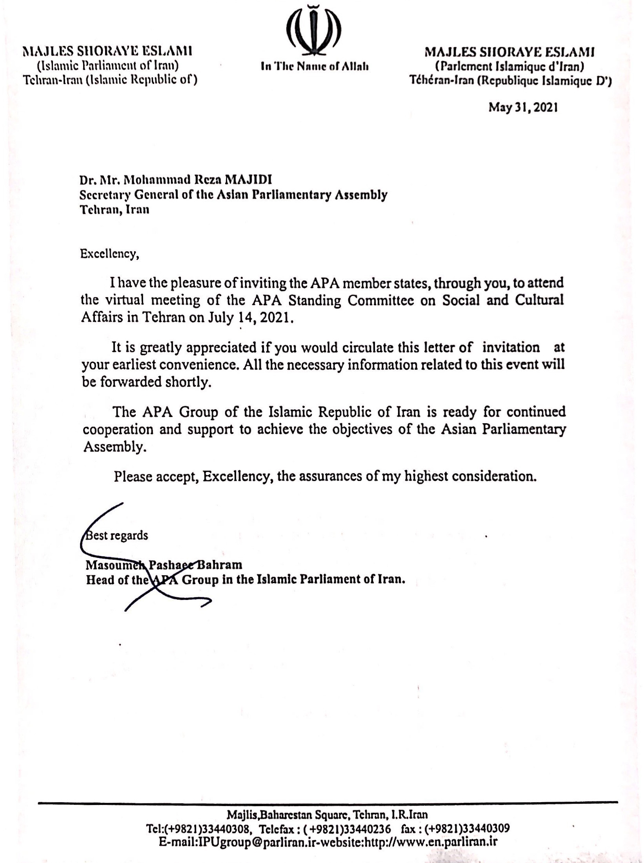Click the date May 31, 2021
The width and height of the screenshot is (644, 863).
[522, 108]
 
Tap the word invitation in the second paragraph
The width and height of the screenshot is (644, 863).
[511, 347]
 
